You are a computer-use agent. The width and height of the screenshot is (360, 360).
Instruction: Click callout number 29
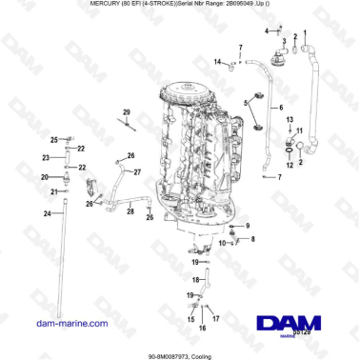(x=126, y=112)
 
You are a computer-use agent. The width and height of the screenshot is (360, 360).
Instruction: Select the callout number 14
(x=217, y=62)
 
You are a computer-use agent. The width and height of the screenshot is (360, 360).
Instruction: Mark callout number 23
(x=46, y=157)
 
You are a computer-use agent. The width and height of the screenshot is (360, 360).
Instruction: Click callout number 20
(x=43, y=177)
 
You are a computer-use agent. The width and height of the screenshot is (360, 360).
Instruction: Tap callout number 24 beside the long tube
(x=46, y=213)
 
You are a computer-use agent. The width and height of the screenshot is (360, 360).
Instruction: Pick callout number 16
(x=200, y=328)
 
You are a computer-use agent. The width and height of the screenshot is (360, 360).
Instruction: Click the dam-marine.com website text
(x=66, y=325)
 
